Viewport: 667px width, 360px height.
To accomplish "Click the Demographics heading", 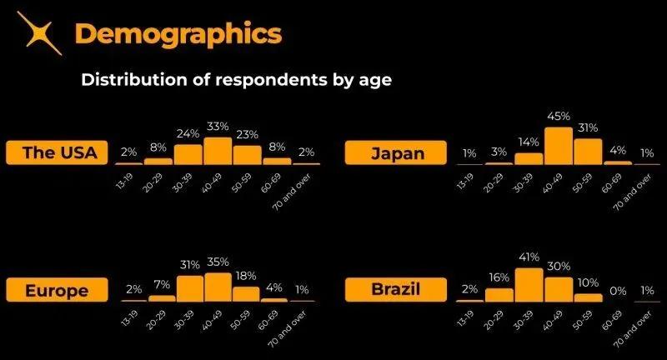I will pyautogui.click(x=178, y=34).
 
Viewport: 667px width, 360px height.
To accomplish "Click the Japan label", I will pyautogui.click(x=396, y=152).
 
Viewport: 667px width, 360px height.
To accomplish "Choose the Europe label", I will pyautogui.click(x=57, y=289).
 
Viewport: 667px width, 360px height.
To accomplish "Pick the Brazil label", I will pyautogui.click(x=396, y=289).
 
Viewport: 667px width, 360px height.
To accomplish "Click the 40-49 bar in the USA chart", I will pyautogui.click(x=218, y=151).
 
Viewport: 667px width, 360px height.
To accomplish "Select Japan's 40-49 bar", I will pyautogui.click(x=558, y=146).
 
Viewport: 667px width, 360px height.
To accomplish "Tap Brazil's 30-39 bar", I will pyautogui.click(x=529, y=284).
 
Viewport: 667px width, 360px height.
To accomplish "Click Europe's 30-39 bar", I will pyautogui.click(x=188, y=287).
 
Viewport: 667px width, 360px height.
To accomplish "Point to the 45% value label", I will pyautogui.click(x=558, y=116).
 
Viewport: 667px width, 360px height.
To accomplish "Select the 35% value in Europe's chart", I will pyautogui.click(x=218, y=262).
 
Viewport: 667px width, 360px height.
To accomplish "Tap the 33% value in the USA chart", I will pyautogui.click(x=218, y=126).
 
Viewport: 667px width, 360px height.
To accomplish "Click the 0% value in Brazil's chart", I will pyautogui.click(x=617, y=289).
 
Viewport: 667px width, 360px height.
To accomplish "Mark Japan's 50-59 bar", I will pyautogui.click(x=588, y=151).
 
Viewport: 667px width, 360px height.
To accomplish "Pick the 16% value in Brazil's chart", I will pyautogui.click(x=499, y=277).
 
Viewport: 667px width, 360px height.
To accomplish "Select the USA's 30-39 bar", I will pyautogui.click(x=188, y=154).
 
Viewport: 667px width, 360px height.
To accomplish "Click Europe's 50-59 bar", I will pyautogui.click(x=246, y=292).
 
